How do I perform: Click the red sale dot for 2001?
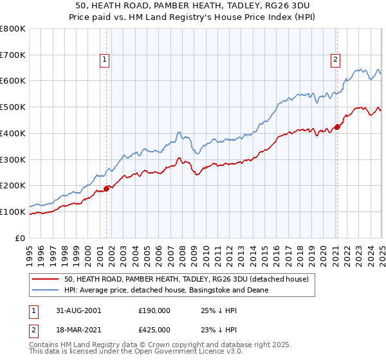pos(107,188)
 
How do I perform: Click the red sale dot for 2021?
pos(336,126)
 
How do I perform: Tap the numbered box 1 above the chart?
pos(104,60)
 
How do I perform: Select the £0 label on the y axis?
pos(21,238)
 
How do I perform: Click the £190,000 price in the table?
pos(154,310)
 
